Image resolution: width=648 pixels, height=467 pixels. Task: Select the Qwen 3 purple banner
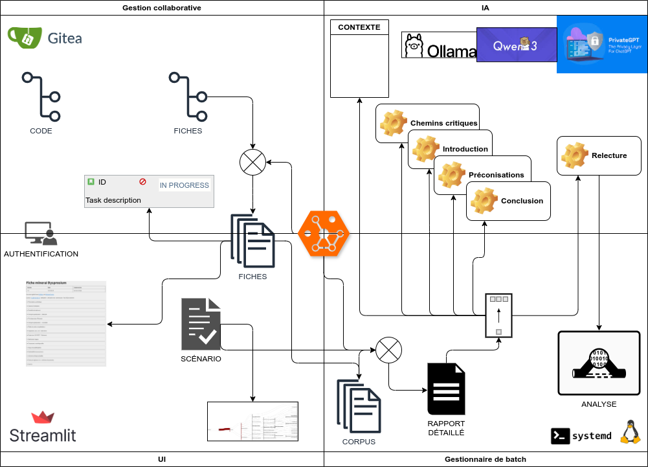[x=516, y=45]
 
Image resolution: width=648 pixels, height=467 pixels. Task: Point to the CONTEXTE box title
[x=359, y=27]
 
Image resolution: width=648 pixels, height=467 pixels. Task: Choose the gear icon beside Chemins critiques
[x=392, y=123]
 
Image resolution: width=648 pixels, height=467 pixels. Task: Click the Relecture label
[x=609, y=155]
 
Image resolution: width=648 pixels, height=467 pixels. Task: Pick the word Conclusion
[x=522, y=201]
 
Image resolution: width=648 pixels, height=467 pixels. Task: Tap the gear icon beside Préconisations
[x=452, y=175]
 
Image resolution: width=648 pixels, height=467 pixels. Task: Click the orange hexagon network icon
[x=324, y=233]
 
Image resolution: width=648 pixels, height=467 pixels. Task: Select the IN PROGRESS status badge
[x=184, y=185]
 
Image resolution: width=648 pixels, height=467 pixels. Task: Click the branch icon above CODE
[x=42, y=97]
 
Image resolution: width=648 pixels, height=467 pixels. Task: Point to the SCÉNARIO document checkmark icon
[x=201, y=325]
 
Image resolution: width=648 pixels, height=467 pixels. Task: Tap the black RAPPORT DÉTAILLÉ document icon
[x=446, y=389]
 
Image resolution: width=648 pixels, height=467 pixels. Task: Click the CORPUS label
[x=359, y=442]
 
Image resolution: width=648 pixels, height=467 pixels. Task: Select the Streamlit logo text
[x=43, y=435]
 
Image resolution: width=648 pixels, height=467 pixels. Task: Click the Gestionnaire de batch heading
[x=486, y=459]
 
